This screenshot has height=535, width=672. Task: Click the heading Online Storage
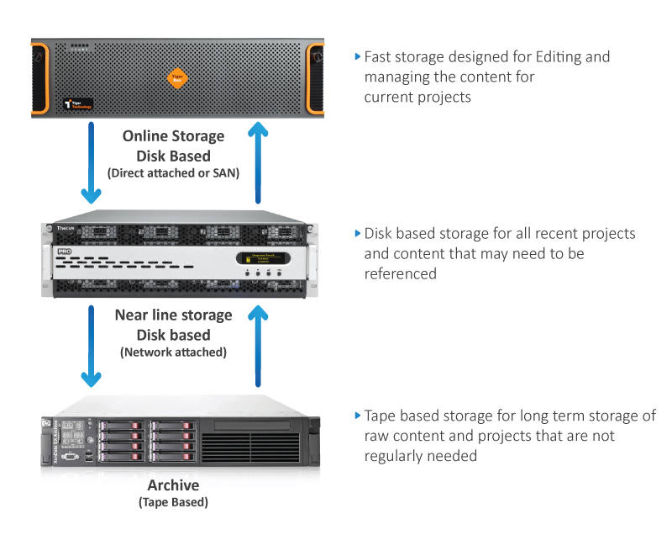173,136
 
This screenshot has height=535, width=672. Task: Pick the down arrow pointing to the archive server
90,345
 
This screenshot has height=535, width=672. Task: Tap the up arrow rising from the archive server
260,345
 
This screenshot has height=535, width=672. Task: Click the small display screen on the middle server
258,259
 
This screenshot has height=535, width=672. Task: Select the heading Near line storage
173,315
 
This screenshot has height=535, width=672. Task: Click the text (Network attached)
173,352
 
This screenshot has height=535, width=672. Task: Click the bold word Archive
173,485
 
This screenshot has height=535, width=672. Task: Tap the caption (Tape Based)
173,502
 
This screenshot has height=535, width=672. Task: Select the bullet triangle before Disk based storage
358,234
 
